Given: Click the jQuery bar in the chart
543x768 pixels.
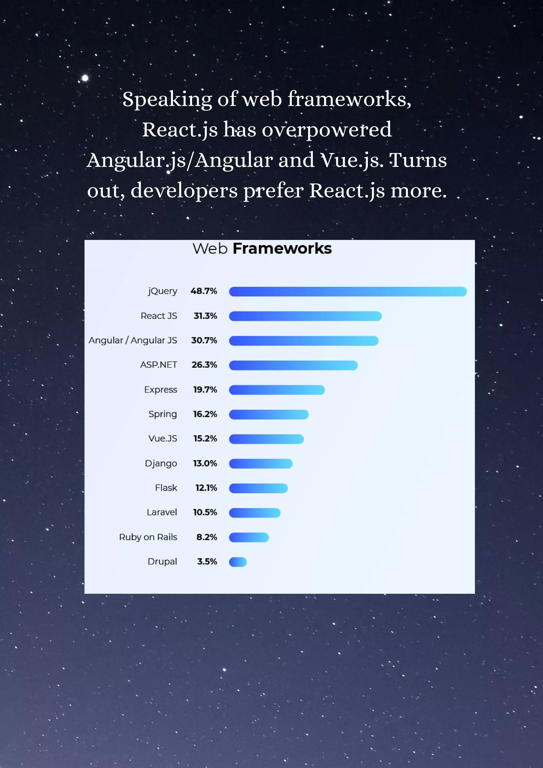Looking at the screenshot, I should click(x=347, y=291).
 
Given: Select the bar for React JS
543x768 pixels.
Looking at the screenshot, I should click(x=305, y=316).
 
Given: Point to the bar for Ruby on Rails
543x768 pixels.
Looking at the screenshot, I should click(x=249, y=537).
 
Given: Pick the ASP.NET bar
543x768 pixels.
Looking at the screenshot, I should click(x=293, y=365).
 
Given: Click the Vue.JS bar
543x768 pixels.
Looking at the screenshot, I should click(x=266, y=439).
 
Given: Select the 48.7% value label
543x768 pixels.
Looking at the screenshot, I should click(x=204, y=291).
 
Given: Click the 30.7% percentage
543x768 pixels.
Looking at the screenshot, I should click(x=204, y=340).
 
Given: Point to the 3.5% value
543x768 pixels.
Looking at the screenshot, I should click(x=207, y=561).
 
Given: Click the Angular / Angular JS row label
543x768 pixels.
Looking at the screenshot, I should click(x=133, y=340).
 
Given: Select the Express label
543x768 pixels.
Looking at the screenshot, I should click(x=161, y=390).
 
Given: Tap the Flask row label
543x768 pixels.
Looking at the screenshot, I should click(x=166, y=488).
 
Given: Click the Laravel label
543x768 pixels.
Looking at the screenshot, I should click(x=161, y=512).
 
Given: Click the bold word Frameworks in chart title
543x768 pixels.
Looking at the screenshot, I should click(x=282, y=248).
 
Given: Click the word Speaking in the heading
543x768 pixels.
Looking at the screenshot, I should click(x=167, y=100).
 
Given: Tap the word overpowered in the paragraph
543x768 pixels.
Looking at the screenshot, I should click(x=327, y=130).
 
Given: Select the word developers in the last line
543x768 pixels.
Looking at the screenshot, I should click(x=184, y=191).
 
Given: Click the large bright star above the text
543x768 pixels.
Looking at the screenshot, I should click(x=85, y=78).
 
